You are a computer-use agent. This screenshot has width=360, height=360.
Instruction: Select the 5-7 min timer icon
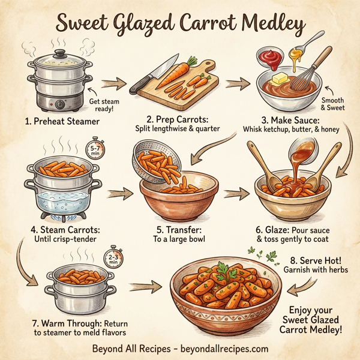pyautogui.click(x=96, y=148)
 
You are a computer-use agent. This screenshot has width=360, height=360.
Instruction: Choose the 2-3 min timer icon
pyautogui.click(x=113, y=260)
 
